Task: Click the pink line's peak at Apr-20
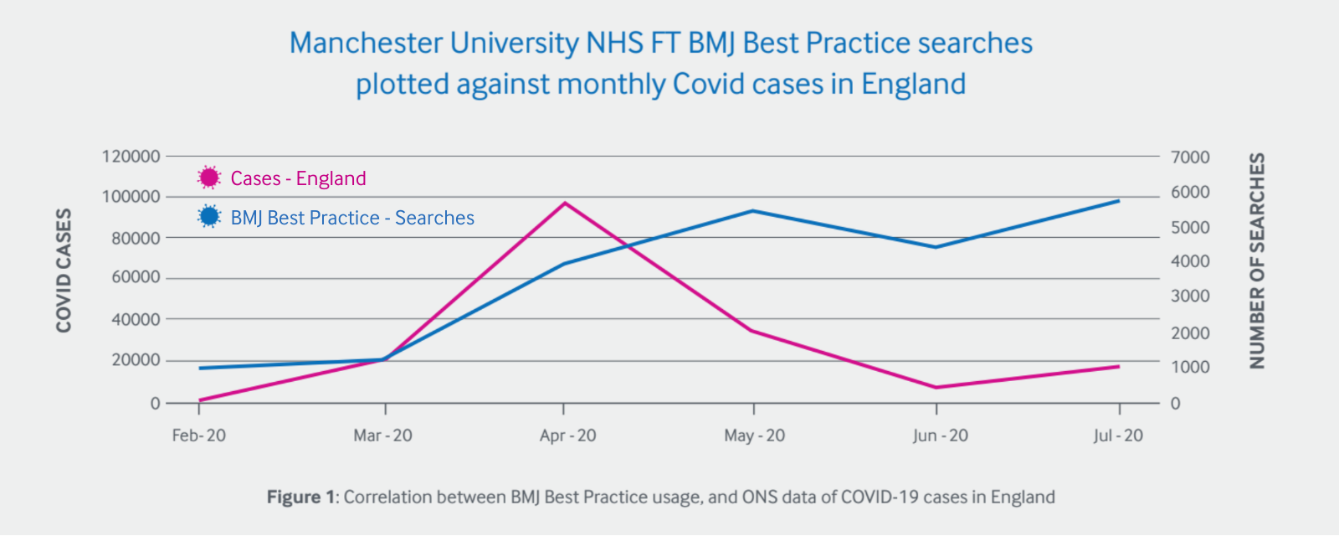coord(565,203)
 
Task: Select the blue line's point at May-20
coord(753,211)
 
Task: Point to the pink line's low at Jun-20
coord(936,387)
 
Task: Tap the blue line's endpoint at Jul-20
coord(1119,201)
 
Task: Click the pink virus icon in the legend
coord(209,178)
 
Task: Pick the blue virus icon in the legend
coord(209,217)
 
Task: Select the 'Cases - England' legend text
coord(298,178)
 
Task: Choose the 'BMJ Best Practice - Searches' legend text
coord(352,218)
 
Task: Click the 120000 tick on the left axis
coord(131,157)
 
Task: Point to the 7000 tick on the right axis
coord(1190,157)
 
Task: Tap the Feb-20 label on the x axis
coord(198,435)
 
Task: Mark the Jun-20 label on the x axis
coord(940,435)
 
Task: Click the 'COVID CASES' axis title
coord(64,270)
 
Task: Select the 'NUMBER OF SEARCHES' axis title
coord(1257,260)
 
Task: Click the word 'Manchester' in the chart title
coord(365,44)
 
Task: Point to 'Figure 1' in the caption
coord(300,497)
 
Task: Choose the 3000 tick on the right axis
coord(1190,296)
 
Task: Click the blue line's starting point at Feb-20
coord(199,368)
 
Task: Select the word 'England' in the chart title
coord(913,85)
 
